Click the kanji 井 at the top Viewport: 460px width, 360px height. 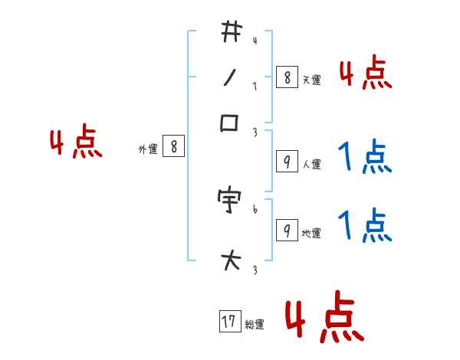231,32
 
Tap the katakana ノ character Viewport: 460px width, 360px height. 230,77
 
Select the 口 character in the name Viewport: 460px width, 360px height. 230,123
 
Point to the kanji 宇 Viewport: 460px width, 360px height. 231,200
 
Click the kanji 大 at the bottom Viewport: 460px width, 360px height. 231,261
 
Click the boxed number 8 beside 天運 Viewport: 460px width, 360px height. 286,77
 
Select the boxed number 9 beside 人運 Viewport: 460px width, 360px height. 286,162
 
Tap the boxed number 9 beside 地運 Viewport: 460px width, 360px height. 286,231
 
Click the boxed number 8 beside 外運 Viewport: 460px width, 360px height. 173,147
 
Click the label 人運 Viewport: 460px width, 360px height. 312,164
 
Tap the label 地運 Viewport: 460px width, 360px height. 312,233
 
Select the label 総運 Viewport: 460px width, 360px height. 255,325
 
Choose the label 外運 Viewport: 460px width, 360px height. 147,149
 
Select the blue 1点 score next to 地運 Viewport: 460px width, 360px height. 366,226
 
